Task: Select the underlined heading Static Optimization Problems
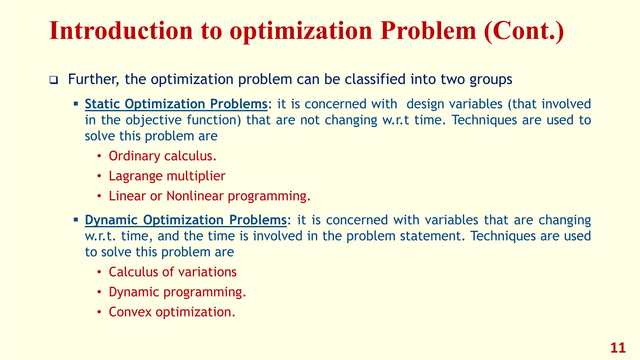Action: click(176, 104)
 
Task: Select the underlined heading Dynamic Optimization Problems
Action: click(186, 220)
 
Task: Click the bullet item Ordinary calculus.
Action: click(162, 156)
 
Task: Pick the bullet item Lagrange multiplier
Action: click(167, 176)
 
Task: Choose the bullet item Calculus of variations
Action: click(172, 272)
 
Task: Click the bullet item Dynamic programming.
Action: click(177, 292)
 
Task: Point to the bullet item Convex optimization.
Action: click(172, 312)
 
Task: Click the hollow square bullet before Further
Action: click(53, 80)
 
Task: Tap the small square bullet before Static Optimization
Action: click(76, 103)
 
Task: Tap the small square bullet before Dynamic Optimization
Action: click(76, 219)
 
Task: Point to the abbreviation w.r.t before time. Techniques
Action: click(395, 120)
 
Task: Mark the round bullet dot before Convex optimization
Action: click(99, 312)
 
